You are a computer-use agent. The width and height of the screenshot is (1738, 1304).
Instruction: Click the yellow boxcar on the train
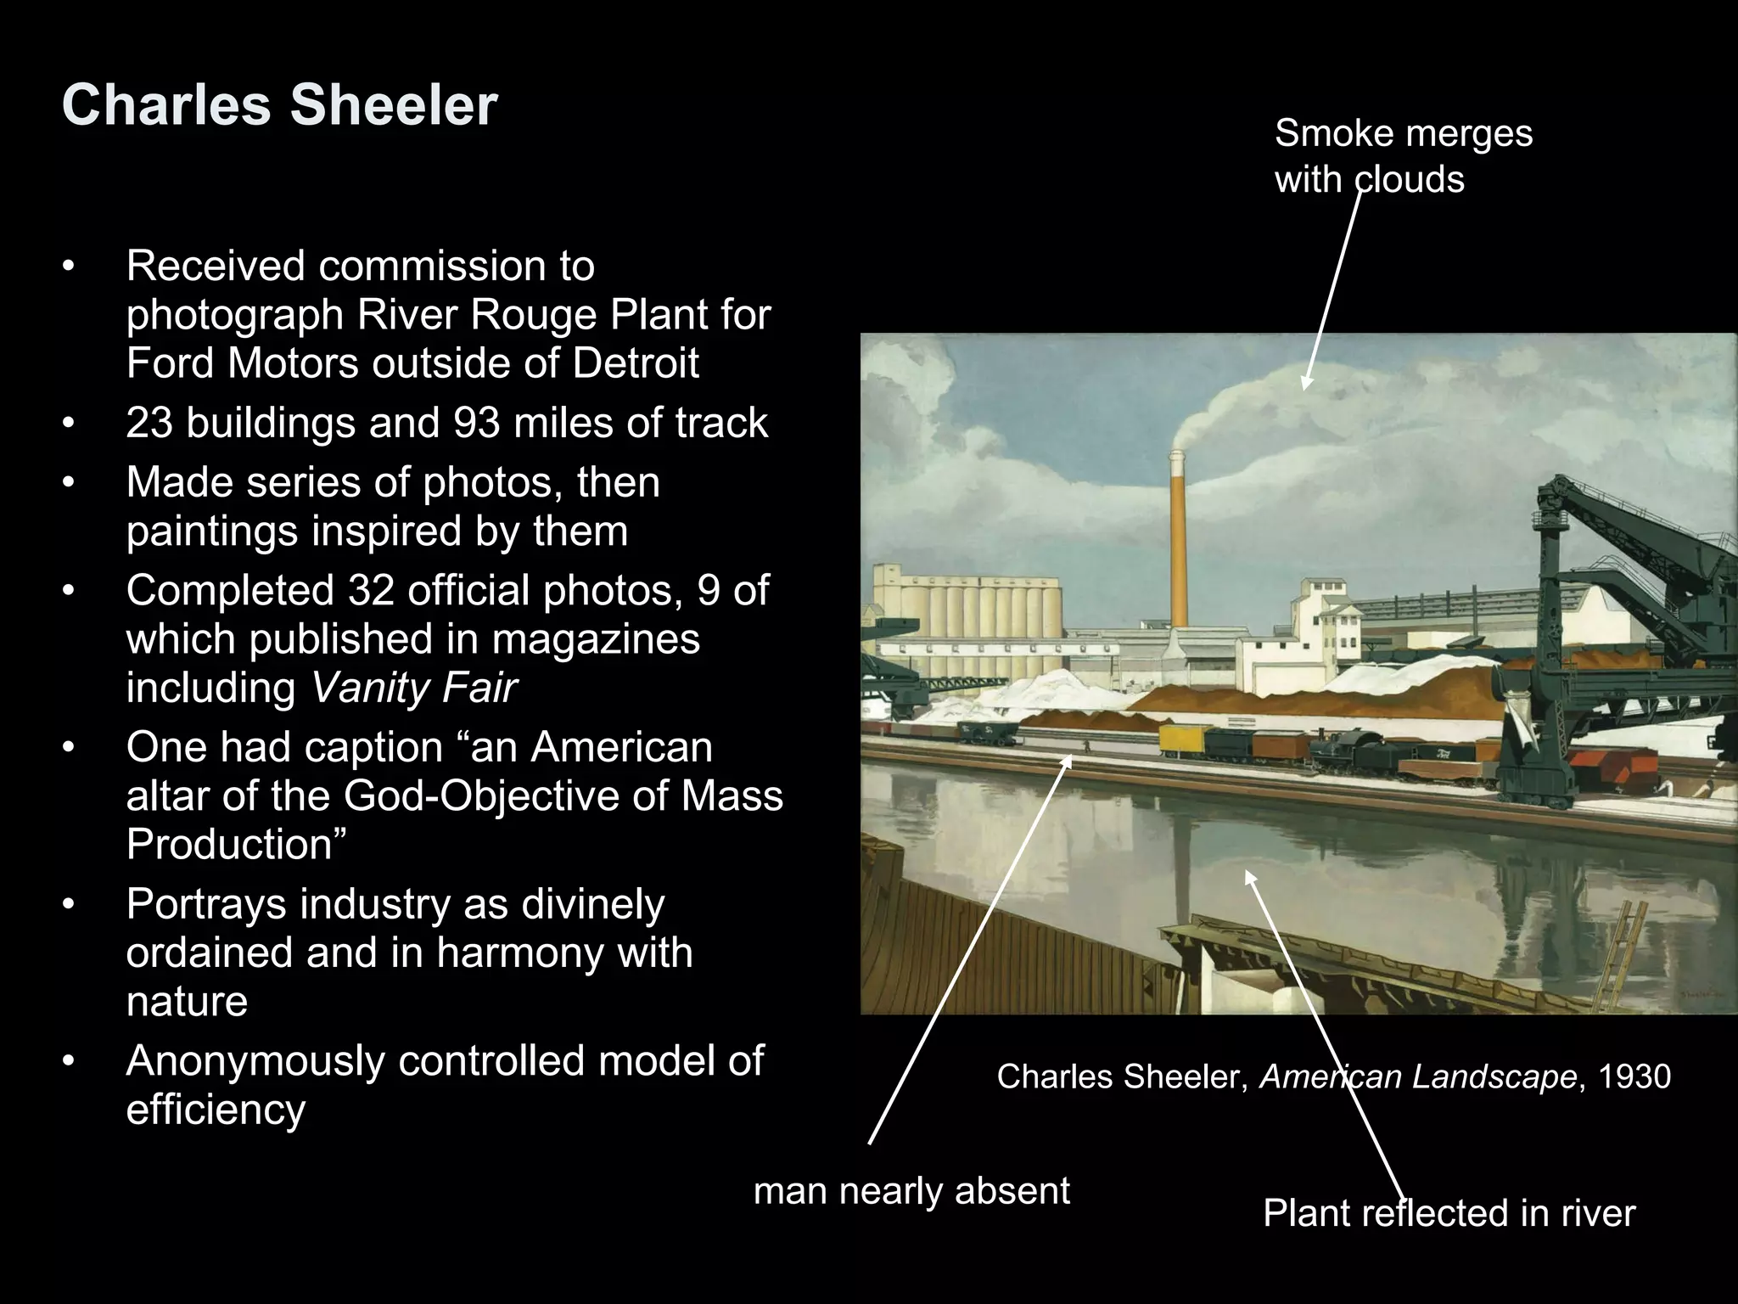1181,739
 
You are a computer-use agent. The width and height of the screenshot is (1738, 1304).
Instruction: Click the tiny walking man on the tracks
1085,746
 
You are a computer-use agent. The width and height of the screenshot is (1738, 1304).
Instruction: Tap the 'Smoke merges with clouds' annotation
1403,156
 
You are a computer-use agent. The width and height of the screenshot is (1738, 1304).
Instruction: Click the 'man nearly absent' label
911,1191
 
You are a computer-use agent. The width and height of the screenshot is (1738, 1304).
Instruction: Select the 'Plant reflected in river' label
1448,1213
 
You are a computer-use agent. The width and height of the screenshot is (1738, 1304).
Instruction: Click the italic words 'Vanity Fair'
414,687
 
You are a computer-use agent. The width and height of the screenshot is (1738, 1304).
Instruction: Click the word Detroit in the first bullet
636,363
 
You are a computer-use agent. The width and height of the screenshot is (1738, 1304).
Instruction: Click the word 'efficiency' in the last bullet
216,1110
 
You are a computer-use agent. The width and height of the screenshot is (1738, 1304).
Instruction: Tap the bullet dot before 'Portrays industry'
69,904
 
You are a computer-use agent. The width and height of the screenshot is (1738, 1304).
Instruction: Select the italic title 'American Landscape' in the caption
1417,1076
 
